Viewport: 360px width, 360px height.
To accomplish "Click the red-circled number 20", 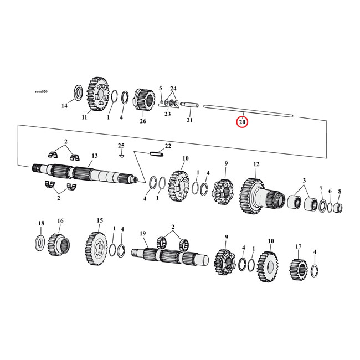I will [242, 121].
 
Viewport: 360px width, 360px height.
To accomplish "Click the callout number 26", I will [142, 121].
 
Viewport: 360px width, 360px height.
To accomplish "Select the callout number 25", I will [121, 146].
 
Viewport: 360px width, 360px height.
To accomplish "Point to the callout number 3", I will [304, 181].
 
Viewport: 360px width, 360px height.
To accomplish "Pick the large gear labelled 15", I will [97, 245].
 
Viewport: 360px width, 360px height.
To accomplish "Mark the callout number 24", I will [173, 89].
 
